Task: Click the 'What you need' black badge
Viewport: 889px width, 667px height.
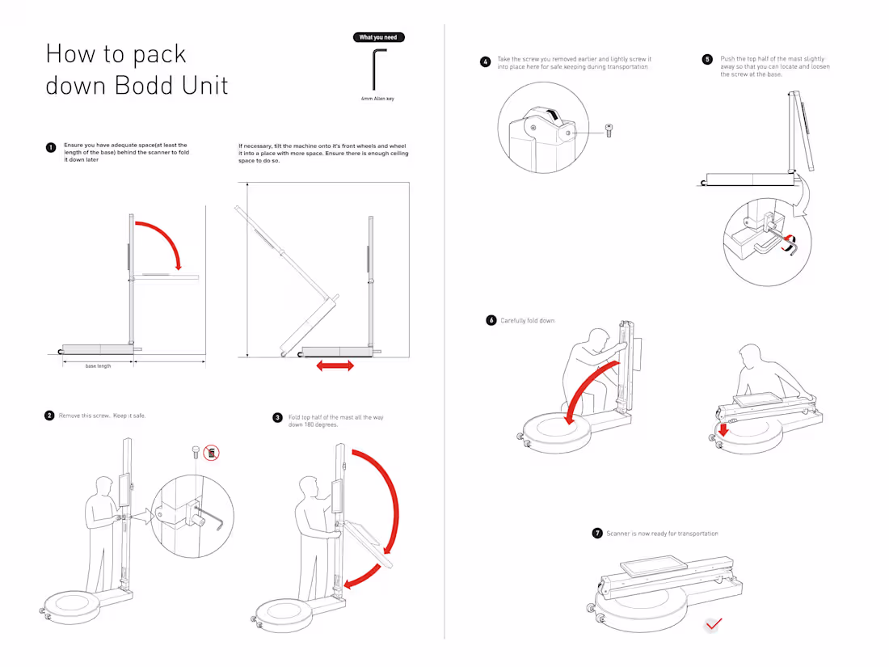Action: pyautogui.click(x=378, y=37)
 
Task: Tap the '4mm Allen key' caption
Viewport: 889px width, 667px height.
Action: pyautogui.click(x=378, y=99)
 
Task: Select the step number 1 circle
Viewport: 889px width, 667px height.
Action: pyautogui.click(x=50, y=148)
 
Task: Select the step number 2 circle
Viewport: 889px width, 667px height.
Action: pyautogui.click(x=49, y=416)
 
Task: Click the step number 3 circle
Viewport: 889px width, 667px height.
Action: pyautogui.click(x=277, y=418)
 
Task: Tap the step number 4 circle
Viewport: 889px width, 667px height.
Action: pyautogui.click(x=485, y=61)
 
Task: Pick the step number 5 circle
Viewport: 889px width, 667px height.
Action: pyautogui.click(x=707, y=59)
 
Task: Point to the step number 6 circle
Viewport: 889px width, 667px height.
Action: pyautogui.click(x=491, y=320)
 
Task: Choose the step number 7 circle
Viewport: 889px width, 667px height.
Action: pyautogui.click(x=597, y=534)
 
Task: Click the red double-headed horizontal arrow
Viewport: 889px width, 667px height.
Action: pyautogui.click(x=335, y=366)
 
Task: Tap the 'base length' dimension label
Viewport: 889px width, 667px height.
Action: pyautogui.click(x=98, y=366)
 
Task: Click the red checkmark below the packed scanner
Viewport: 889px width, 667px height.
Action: pyautogui.click(x=714, y=624)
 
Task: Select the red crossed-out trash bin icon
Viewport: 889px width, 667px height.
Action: pyautogui.click(x=212, y=453)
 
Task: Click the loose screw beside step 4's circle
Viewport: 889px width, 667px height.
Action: pyautogui.click(x=608, y=131)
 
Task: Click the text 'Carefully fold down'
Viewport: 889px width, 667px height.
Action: pyautogui.click(x=528, y=321)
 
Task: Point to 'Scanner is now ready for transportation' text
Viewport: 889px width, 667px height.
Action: pyautogui.click(x=662, y=534)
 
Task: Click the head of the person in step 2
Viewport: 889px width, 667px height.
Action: pyautogui.click(x=103, y=485)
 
